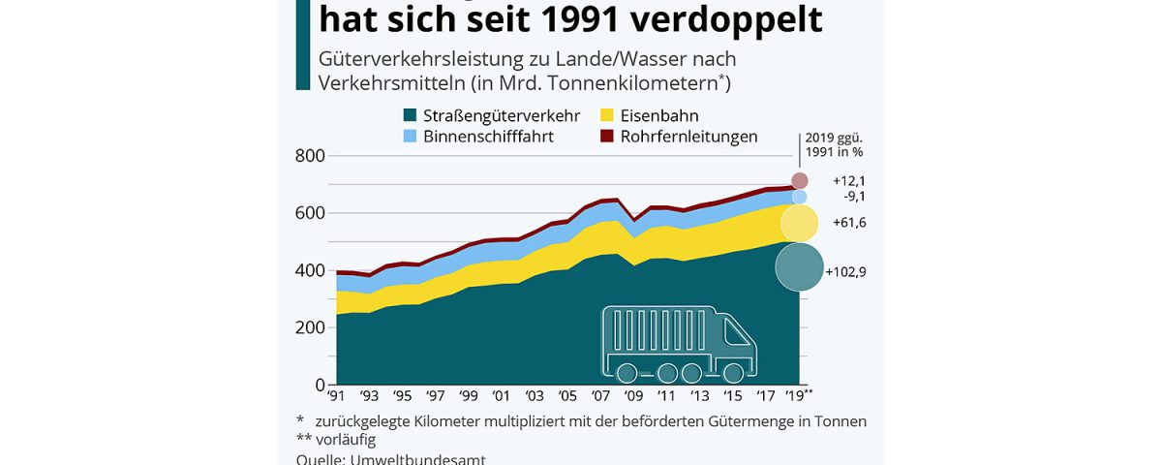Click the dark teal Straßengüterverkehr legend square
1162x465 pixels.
point(412,116)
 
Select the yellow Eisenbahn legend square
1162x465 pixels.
point(608,116)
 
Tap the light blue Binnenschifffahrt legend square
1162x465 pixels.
point(412,137)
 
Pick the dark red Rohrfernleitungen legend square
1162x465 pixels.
point(608,137)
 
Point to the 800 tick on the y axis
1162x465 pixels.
point(311,156)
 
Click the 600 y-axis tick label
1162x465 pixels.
point(311,213)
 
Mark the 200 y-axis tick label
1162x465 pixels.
point(311,327)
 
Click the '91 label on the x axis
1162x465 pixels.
point(336,396)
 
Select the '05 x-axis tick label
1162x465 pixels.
point(569,396)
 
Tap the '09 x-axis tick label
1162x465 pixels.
point(635,396)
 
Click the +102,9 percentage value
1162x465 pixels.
point(845,272)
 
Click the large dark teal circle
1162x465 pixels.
point(800,266)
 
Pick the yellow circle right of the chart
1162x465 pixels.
point(800,223)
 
